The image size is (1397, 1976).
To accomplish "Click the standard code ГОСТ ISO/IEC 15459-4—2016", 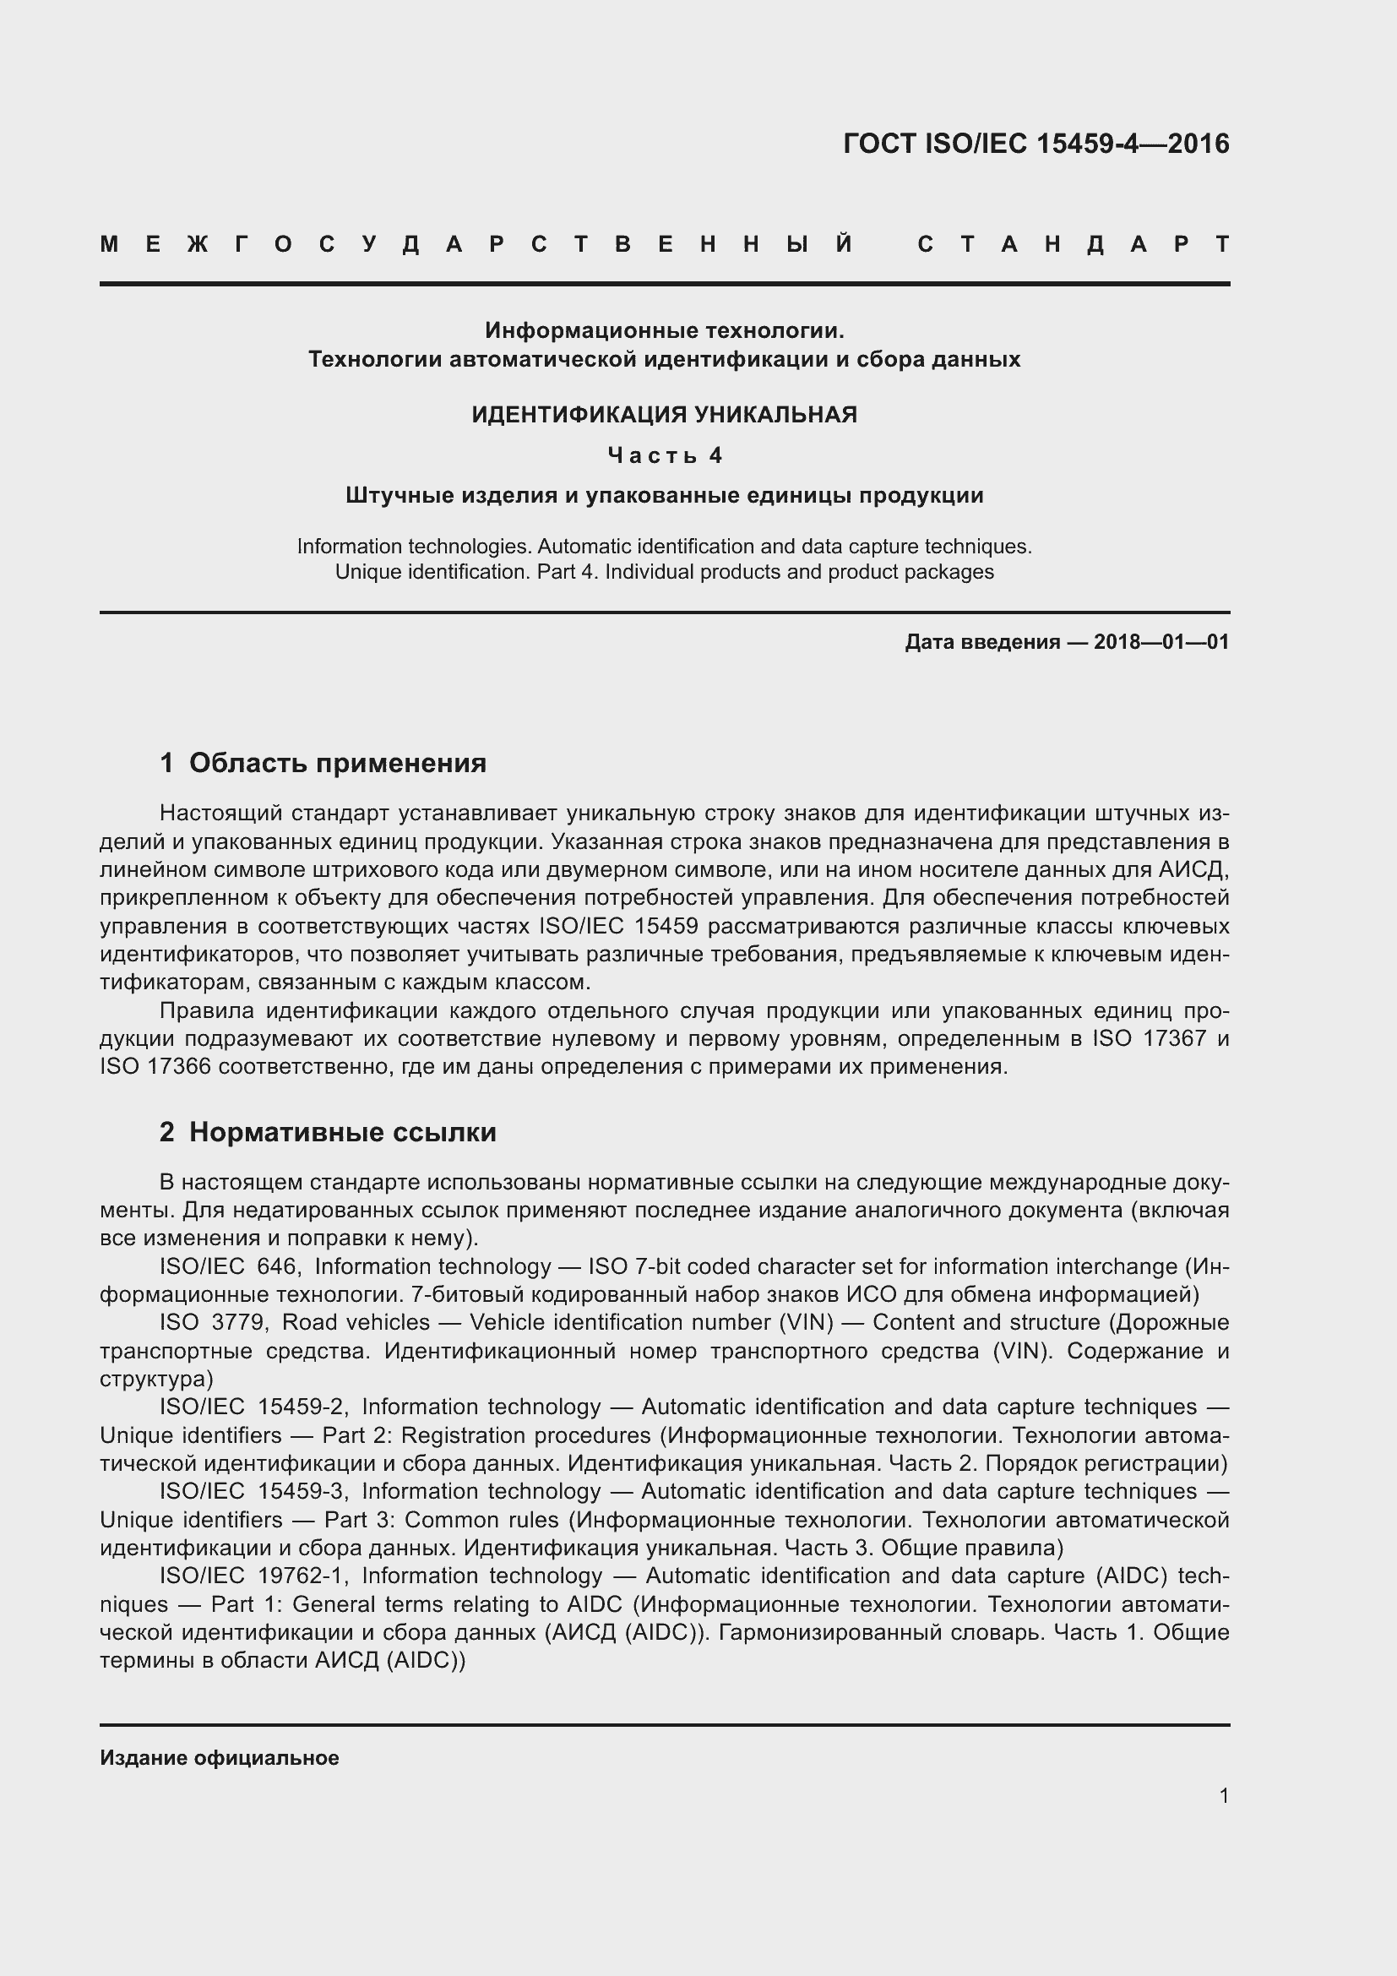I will click(x=1036, y=144).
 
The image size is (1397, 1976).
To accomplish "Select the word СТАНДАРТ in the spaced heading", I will click(x=1073, y=245).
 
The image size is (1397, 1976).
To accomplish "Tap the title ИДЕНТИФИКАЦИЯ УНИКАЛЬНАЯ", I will click(x=664, y=415).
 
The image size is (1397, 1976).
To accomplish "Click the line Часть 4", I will click(x=664, y=455).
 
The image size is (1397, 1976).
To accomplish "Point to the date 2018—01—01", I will click(x=1161, y=642).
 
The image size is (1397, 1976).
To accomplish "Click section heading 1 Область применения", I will click(x=323, y=763).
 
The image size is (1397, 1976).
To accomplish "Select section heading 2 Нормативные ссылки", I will click(x=328, y=1132).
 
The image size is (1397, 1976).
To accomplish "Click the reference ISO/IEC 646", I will click(x=229, y=1266).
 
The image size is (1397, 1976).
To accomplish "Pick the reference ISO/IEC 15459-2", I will click(x=252, y=1407).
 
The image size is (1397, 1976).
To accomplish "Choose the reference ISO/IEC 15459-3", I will click(x=252, y=1490).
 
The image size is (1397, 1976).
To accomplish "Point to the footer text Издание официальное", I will click(x=220, y=1757).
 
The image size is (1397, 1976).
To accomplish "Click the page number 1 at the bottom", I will click(x=1223, y=1795).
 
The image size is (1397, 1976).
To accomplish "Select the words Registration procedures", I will click(x=525, y=1434).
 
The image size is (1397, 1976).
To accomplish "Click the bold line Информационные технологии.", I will click(x=664, y=330).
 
